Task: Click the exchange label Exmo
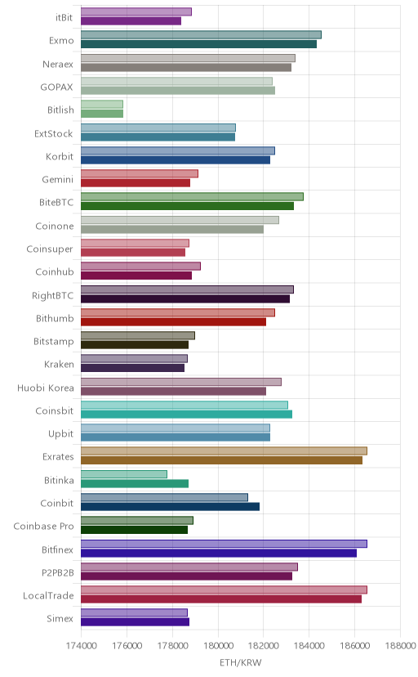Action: [61, 41]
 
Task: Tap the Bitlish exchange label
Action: [60, 110]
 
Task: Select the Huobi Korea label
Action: [46, 388]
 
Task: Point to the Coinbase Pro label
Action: [43, 527]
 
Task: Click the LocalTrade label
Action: [48, 596]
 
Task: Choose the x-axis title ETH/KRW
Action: [241, 663]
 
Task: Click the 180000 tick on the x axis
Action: [218, 646]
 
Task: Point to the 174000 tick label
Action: [81, 646]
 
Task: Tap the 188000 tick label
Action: [400, 646]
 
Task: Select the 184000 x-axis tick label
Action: [309, 646]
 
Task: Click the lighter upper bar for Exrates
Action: [224, 451]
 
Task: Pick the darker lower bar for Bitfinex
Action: [219, 553]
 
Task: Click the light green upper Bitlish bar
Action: [102, 105]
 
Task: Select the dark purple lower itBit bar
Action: [131, 21]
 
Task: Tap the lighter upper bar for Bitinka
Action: [124, 474]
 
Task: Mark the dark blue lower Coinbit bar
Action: [170, 507]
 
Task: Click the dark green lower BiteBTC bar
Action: [188, 206]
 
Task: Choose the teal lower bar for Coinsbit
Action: [187, 415]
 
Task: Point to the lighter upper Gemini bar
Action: [140, 173]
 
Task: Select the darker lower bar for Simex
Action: [136, 622]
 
